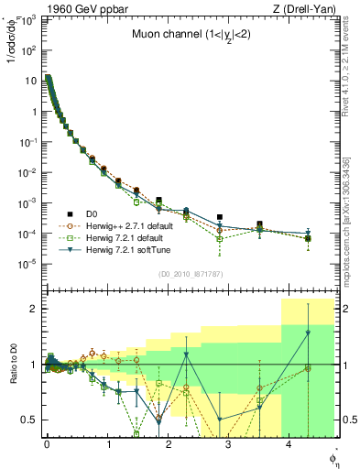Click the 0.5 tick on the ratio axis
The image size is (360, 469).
33,420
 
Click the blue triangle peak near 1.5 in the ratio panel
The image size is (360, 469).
308,333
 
